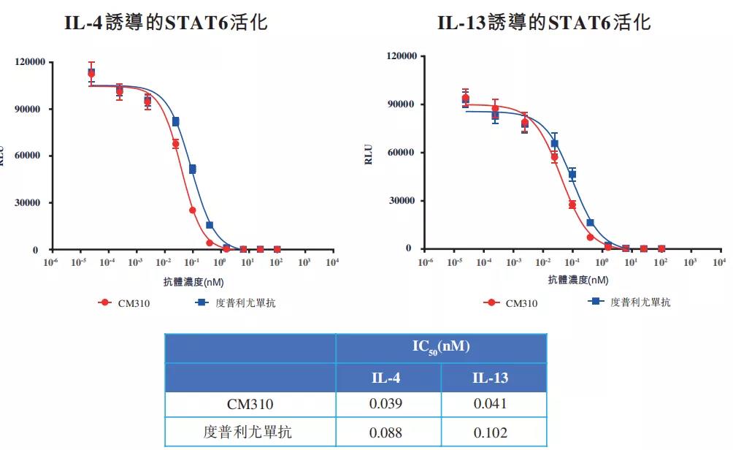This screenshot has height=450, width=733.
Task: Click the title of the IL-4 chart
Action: coord(166,23)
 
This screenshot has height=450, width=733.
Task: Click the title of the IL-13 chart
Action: coord(544,23)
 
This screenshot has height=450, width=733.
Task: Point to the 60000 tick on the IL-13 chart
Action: coord(401,153)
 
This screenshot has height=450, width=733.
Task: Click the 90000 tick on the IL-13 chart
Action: coord(401,104)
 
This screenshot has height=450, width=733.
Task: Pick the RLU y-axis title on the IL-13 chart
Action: coord(369,155)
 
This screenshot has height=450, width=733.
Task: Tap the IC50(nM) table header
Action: coord(441,348)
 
